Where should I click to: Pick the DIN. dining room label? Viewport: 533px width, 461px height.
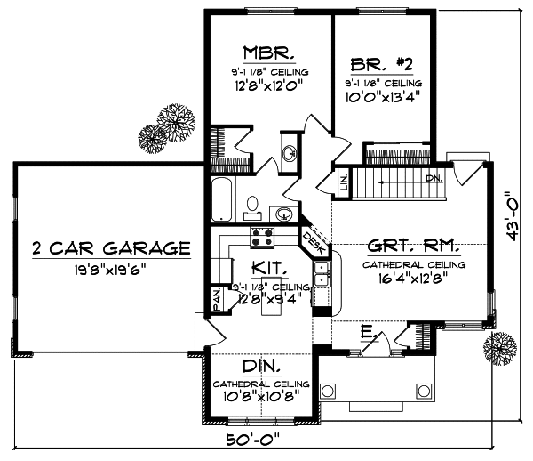tap(260, 366)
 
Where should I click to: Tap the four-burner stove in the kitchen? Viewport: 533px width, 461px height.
tap(262, 237)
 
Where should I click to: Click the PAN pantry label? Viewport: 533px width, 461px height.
tap(215, 301)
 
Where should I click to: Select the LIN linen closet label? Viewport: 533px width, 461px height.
tap(344, 182)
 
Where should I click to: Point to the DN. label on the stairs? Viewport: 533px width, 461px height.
tap(434, 178)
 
